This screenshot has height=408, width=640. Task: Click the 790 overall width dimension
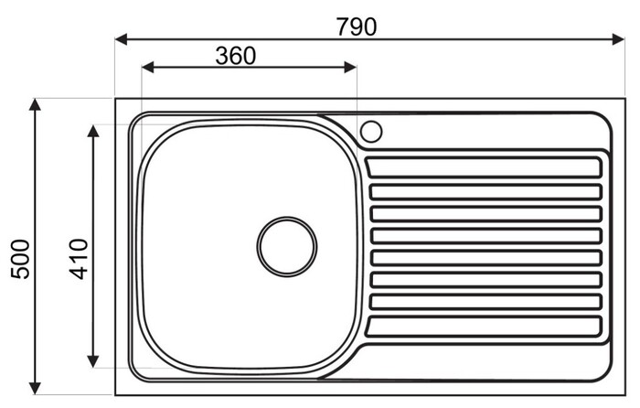pyautogui.click(x=357, y=26)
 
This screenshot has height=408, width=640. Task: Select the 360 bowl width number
pyautogui.click(x=236, y=55)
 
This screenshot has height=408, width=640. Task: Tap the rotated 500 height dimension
pyautogui.click(x=20, y=259)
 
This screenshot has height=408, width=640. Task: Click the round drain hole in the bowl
pyautogui.click(x=286, y=247)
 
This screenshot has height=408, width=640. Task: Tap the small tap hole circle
pyautogui.click(x=370, y=131)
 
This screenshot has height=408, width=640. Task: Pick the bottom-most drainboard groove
pyautogui.click(x=485, y=324)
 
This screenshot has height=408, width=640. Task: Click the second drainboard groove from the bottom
pyautogui.click(x=485, y=302)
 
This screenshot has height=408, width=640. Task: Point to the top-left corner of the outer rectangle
pyautogui.click(x=116, y=99)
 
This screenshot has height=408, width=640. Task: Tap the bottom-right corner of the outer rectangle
pyautogui.click(x=624, y=395)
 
